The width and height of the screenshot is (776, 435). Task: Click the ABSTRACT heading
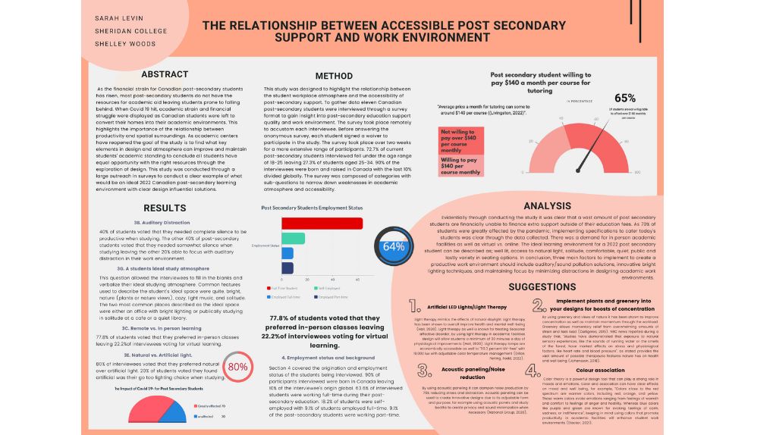165,74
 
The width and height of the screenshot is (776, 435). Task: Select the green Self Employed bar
293,238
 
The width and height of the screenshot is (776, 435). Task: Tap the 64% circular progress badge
394,247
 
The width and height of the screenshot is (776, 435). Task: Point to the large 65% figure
624,98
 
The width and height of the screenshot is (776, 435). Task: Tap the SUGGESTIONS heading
542,287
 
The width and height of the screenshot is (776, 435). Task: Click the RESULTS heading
165,208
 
